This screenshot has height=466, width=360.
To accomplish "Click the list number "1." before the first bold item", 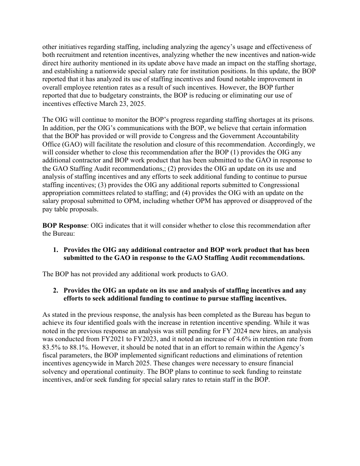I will [56, 250].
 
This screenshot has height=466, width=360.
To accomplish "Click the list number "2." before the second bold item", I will [56, 290].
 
